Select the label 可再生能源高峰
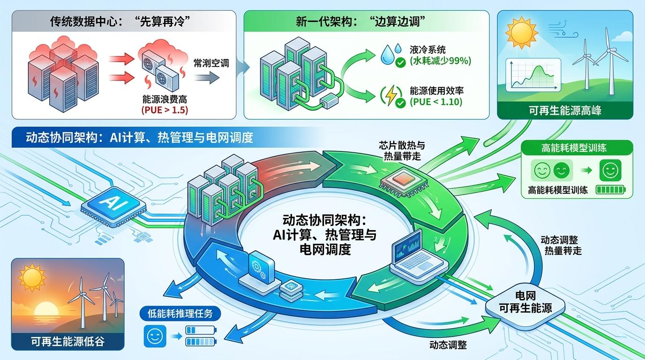565,111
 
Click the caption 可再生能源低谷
67,341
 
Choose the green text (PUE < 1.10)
436,101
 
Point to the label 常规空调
211,62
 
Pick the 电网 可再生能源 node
525,302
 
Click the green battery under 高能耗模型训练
611,190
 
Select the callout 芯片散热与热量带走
401,150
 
